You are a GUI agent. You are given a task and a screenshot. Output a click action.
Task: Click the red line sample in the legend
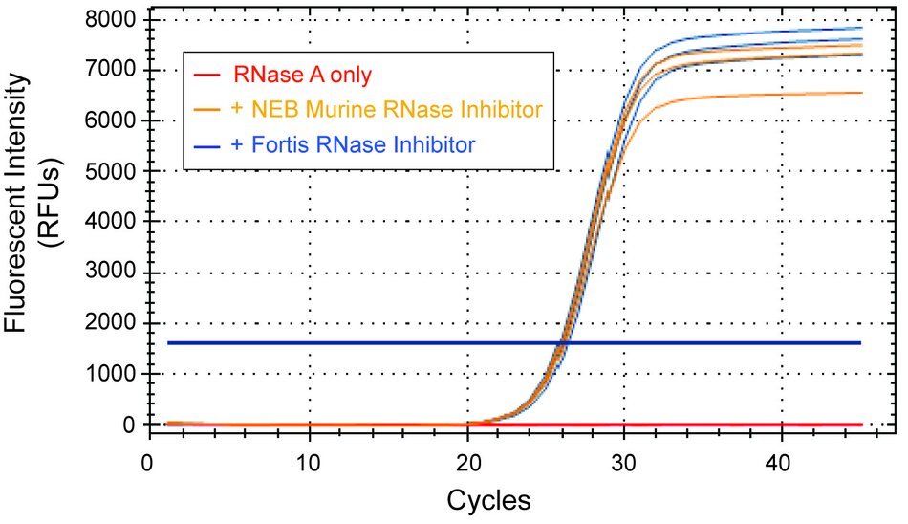point(205,74)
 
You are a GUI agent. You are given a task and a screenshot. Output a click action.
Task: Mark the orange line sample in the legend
point(205,109)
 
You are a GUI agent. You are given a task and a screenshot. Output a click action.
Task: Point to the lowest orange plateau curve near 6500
point(765,94)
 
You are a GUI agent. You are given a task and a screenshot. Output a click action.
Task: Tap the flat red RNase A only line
point(717,424)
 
